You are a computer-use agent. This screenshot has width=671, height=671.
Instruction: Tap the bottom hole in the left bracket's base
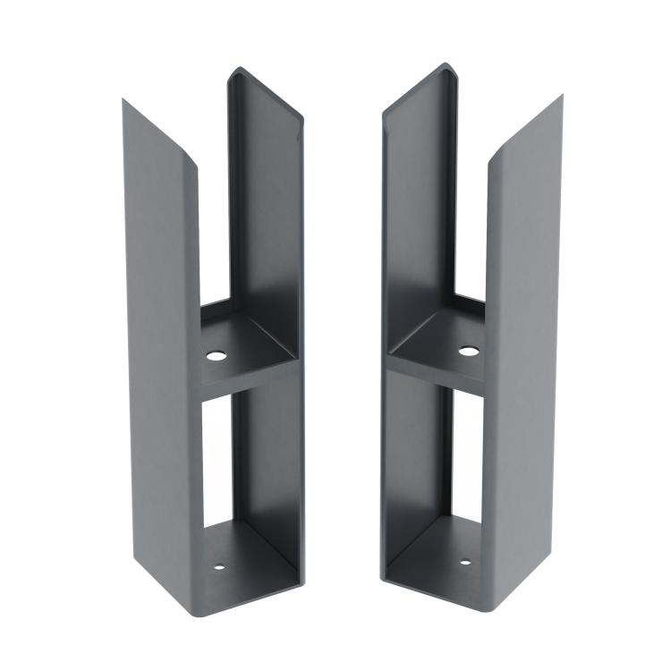[x=217, y=567]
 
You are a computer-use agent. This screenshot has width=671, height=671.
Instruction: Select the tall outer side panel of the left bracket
[x=161, y=358]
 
